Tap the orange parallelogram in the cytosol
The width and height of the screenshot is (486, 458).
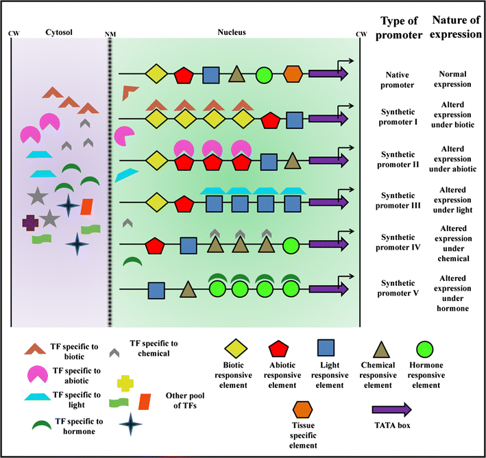coord(87,206)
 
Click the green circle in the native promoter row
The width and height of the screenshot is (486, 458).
coord(264,74)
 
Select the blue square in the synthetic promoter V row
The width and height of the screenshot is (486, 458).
coord(156,290)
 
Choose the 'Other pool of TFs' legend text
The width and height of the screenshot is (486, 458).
coord(186,400)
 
